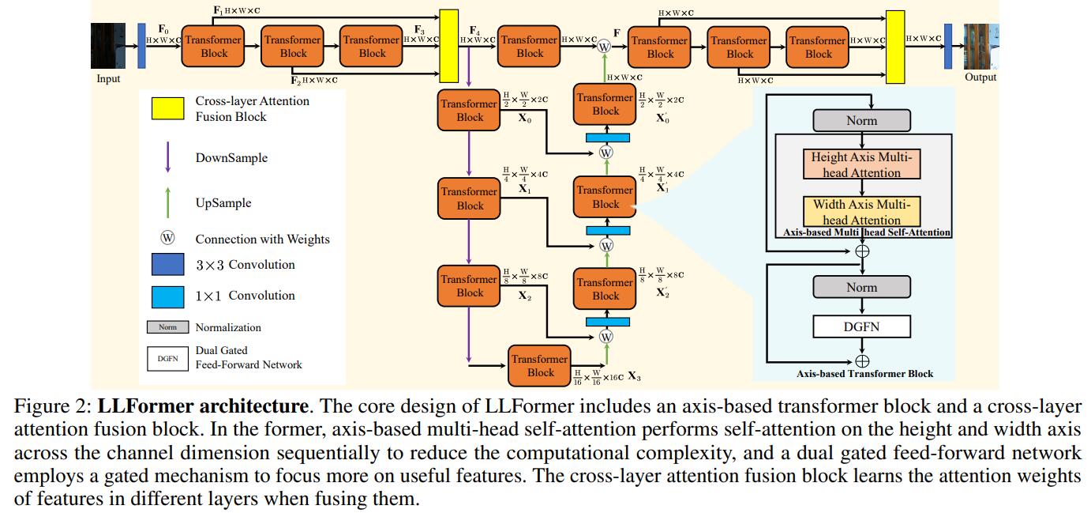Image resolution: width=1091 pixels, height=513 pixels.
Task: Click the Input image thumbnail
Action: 109,46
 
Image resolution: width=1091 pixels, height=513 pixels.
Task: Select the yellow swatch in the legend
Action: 167,109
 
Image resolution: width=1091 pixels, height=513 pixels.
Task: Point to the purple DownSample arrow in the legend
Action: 167,157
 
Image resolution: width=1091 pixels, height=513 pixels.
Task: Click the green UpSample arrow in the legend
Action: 167,202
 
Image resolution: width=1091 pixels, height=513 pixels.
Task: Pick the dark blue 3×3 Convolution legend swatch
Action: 167,265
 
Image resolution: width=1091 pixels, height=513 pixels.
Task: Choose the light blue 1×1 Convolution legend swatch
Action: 167,296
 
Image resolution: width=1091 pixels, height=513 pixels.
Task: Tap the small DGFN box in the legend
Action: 167,358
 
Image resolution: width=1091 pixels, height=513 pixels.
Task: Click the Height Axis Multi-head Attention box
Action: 861,165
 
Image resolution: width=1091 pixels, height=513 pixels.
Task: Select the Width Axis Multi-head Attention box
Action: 861,211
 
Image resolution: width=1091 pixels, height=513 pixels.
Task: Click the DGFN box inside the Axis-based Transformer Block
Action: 861,326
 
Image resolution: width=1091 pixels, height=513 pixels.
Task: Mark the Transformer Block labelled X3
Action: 540,365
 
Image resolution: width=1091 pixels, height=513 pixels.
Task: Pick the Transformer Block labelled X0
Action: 469,111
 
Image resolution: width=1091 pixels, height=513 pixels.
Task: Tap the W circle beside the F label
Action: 605,47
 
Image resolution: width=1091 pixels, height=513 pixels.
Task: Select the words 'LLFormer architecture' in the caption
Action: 203,407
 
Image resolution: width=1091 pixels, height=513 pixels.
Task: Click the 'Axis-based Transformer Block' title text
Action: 864,374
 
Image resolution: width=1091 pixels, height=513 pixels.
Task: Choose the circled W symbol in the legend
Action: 167,239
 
